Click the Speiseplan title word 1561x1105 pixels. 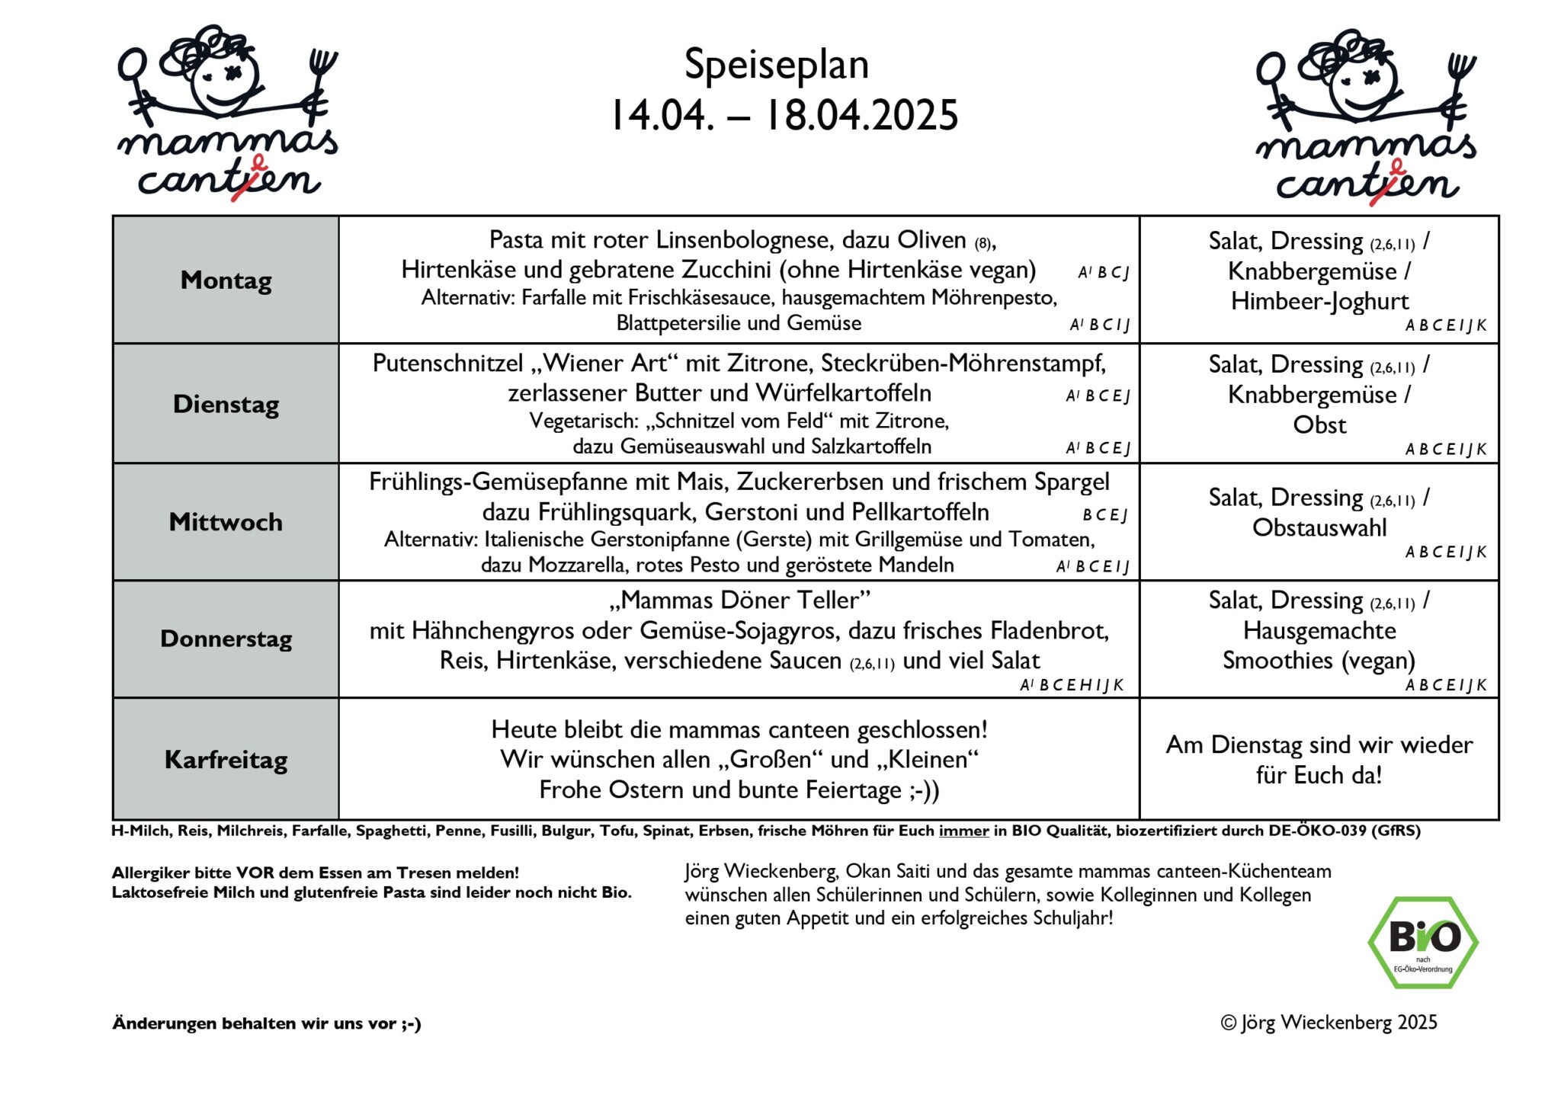776,65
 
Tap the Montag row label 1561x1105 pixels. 226,280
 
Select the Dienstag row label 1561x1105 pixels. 226,404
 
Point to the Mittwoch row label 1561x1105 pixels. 226,522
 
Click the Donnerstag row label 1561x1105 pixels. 226,639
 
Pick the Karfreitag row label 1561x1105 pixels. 226,760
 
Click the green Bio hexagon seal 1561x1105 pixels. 1422,942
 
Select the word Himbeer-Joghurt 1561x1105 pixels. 1319,301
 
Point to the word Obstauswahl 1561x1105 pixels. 1319,527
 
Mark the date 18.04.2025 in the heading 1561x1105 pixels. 861,115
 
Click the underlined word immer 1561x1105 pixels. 963,831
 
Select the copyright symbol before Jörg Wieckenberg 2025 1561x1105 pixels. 1228,1023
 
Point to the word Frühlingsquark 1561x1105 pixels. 617,512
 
